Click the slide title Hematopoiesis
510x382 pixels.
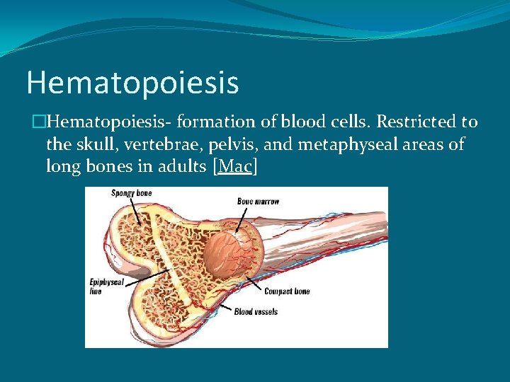[132, 83]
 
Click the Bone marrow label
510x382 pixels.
[258, 202]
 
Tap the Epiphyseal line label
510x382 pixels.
[106, 286]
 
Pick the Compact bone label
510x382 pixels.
[286, 291]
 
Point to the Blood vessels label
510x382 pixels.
[256, 312]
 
